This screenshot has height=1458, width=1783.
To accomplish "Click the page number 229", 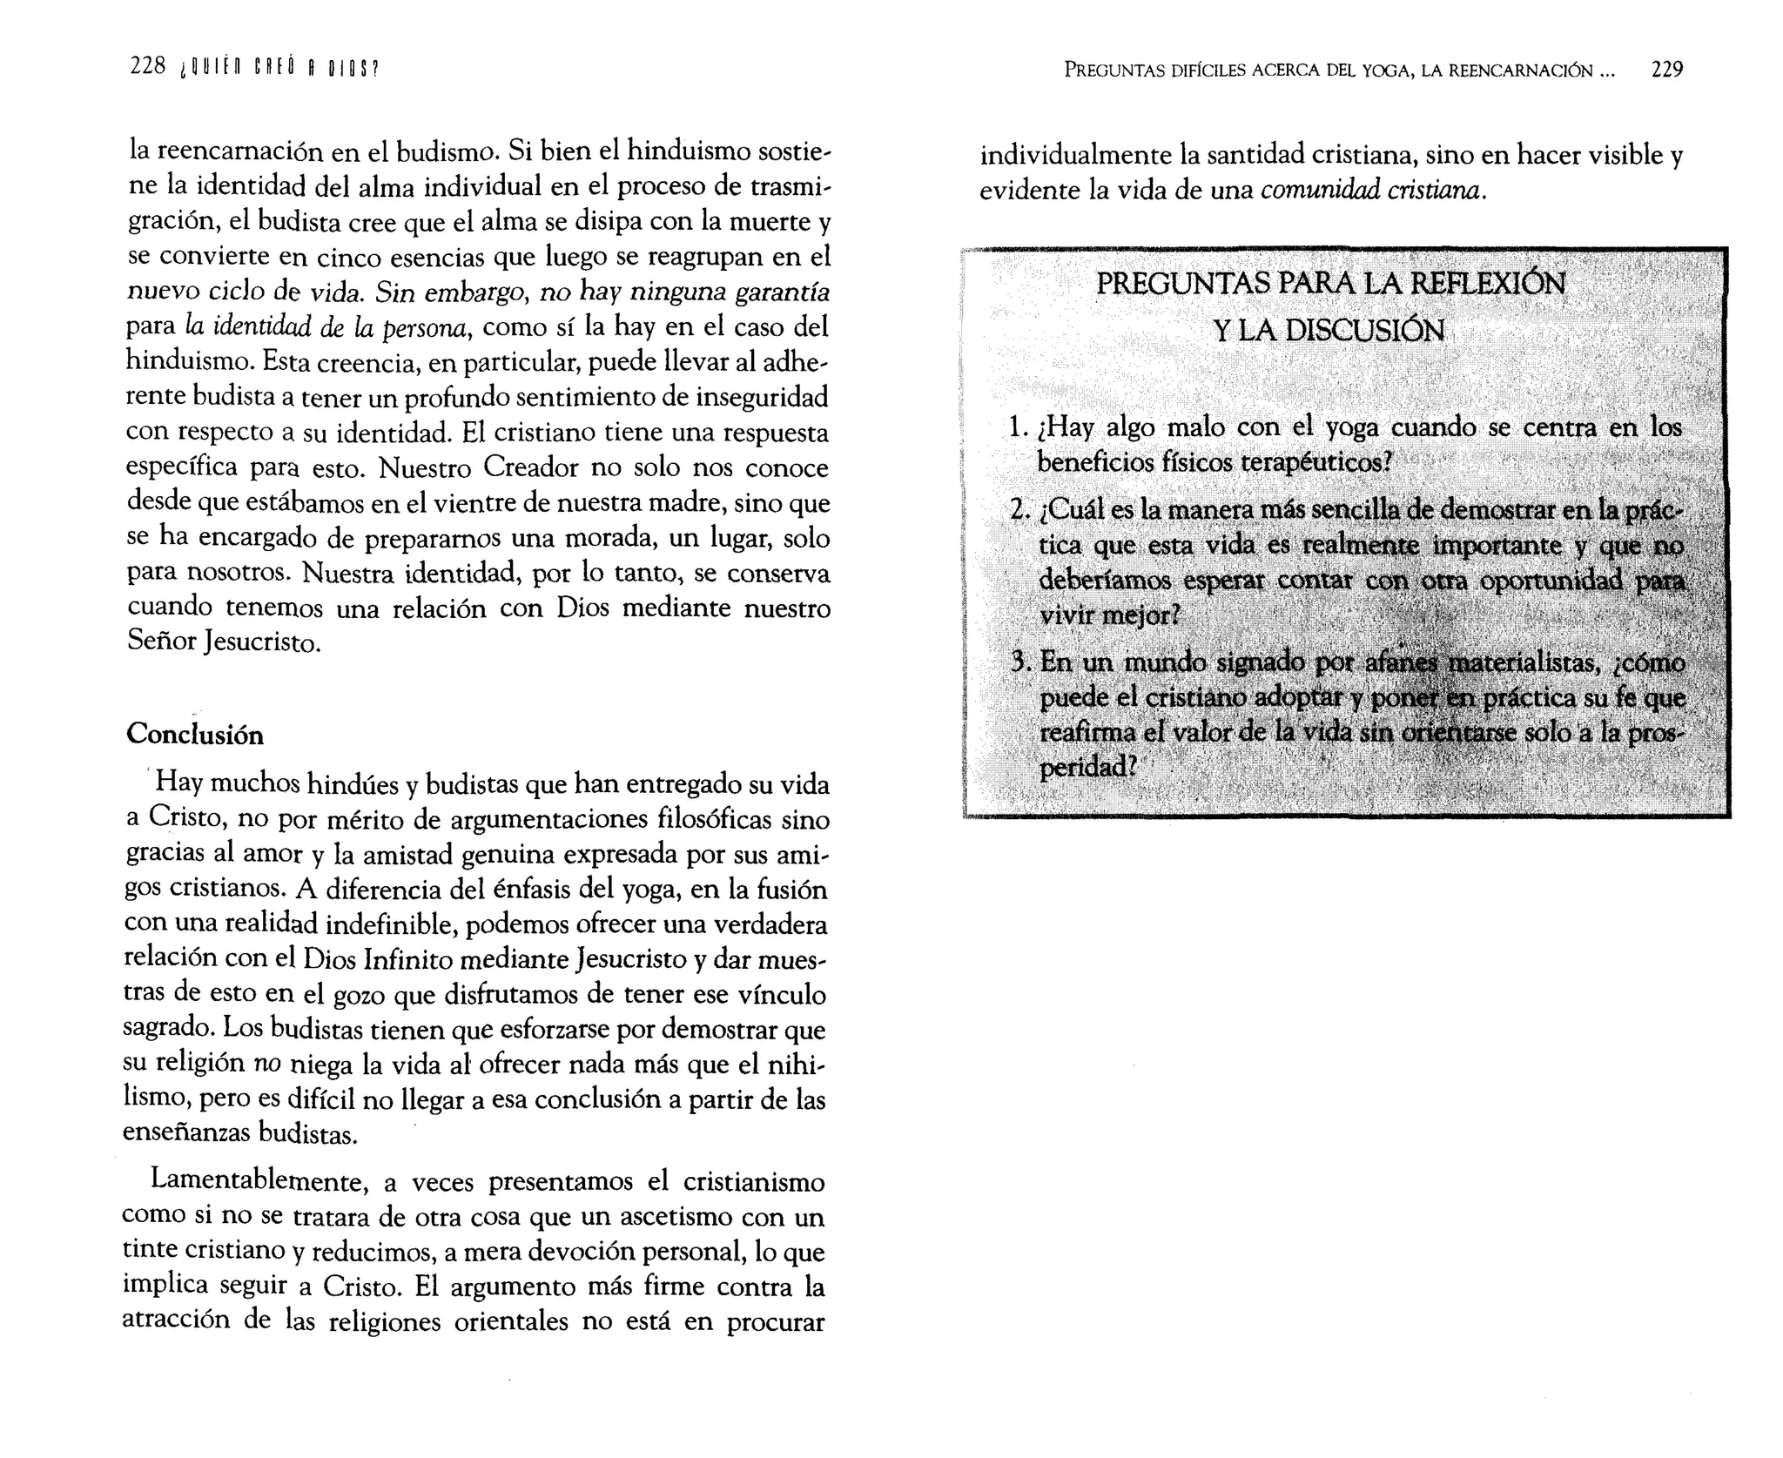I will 1666,70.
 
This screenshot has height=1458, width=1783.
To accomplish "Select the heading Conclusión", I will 195,735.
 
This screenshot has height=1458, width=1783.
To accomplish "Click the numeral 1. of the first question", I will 1019,428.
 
